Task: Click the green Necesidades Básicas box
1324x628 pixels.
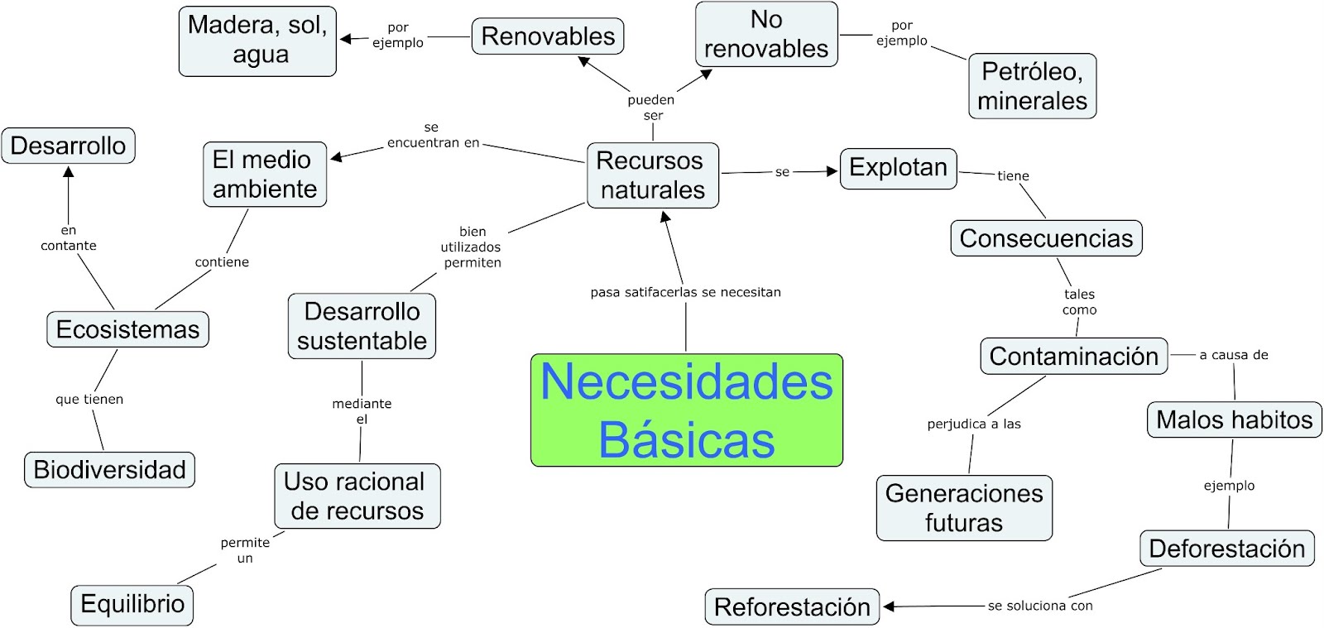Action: point(686,410)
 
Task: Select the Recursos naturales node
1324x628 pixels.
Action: point(652,175)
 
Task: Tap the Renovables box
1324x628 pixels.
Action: point(548,36)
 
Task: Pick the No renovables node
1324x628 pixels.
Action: point(766,34)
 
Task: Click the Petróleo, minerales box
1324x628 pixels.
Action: point(1032,86)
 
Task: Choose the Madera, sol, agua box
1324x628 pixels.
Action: point(257,40)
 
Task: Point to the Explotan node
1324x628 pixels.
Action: point(898,168)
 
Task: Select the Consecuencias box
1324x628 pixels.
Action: point(1046,238)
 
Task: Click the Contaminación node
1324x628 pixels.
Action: point(1073,356)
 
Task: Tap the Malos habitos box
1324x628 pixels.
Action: point(1234,419)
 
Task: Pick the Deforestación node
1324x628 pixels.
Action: point(1226,549)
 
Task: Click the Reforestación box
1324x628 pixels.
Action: point(792,606)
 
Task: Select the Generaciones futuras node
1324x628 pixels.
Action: point(964,508)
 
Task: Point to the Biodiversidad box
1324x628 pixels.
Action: point(109,469)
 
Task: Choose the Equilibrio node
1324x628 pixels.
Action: point(132,604)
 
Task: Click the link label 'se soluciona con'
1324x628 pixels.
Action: point(1040,606)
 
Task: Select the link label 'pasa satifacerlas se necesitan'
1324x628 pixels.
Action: point(685,292)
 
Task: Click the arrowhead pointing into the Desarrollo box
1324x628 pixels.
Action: point(69,171)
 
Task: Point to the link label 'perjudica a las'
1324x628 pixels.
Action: point(974,424)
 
